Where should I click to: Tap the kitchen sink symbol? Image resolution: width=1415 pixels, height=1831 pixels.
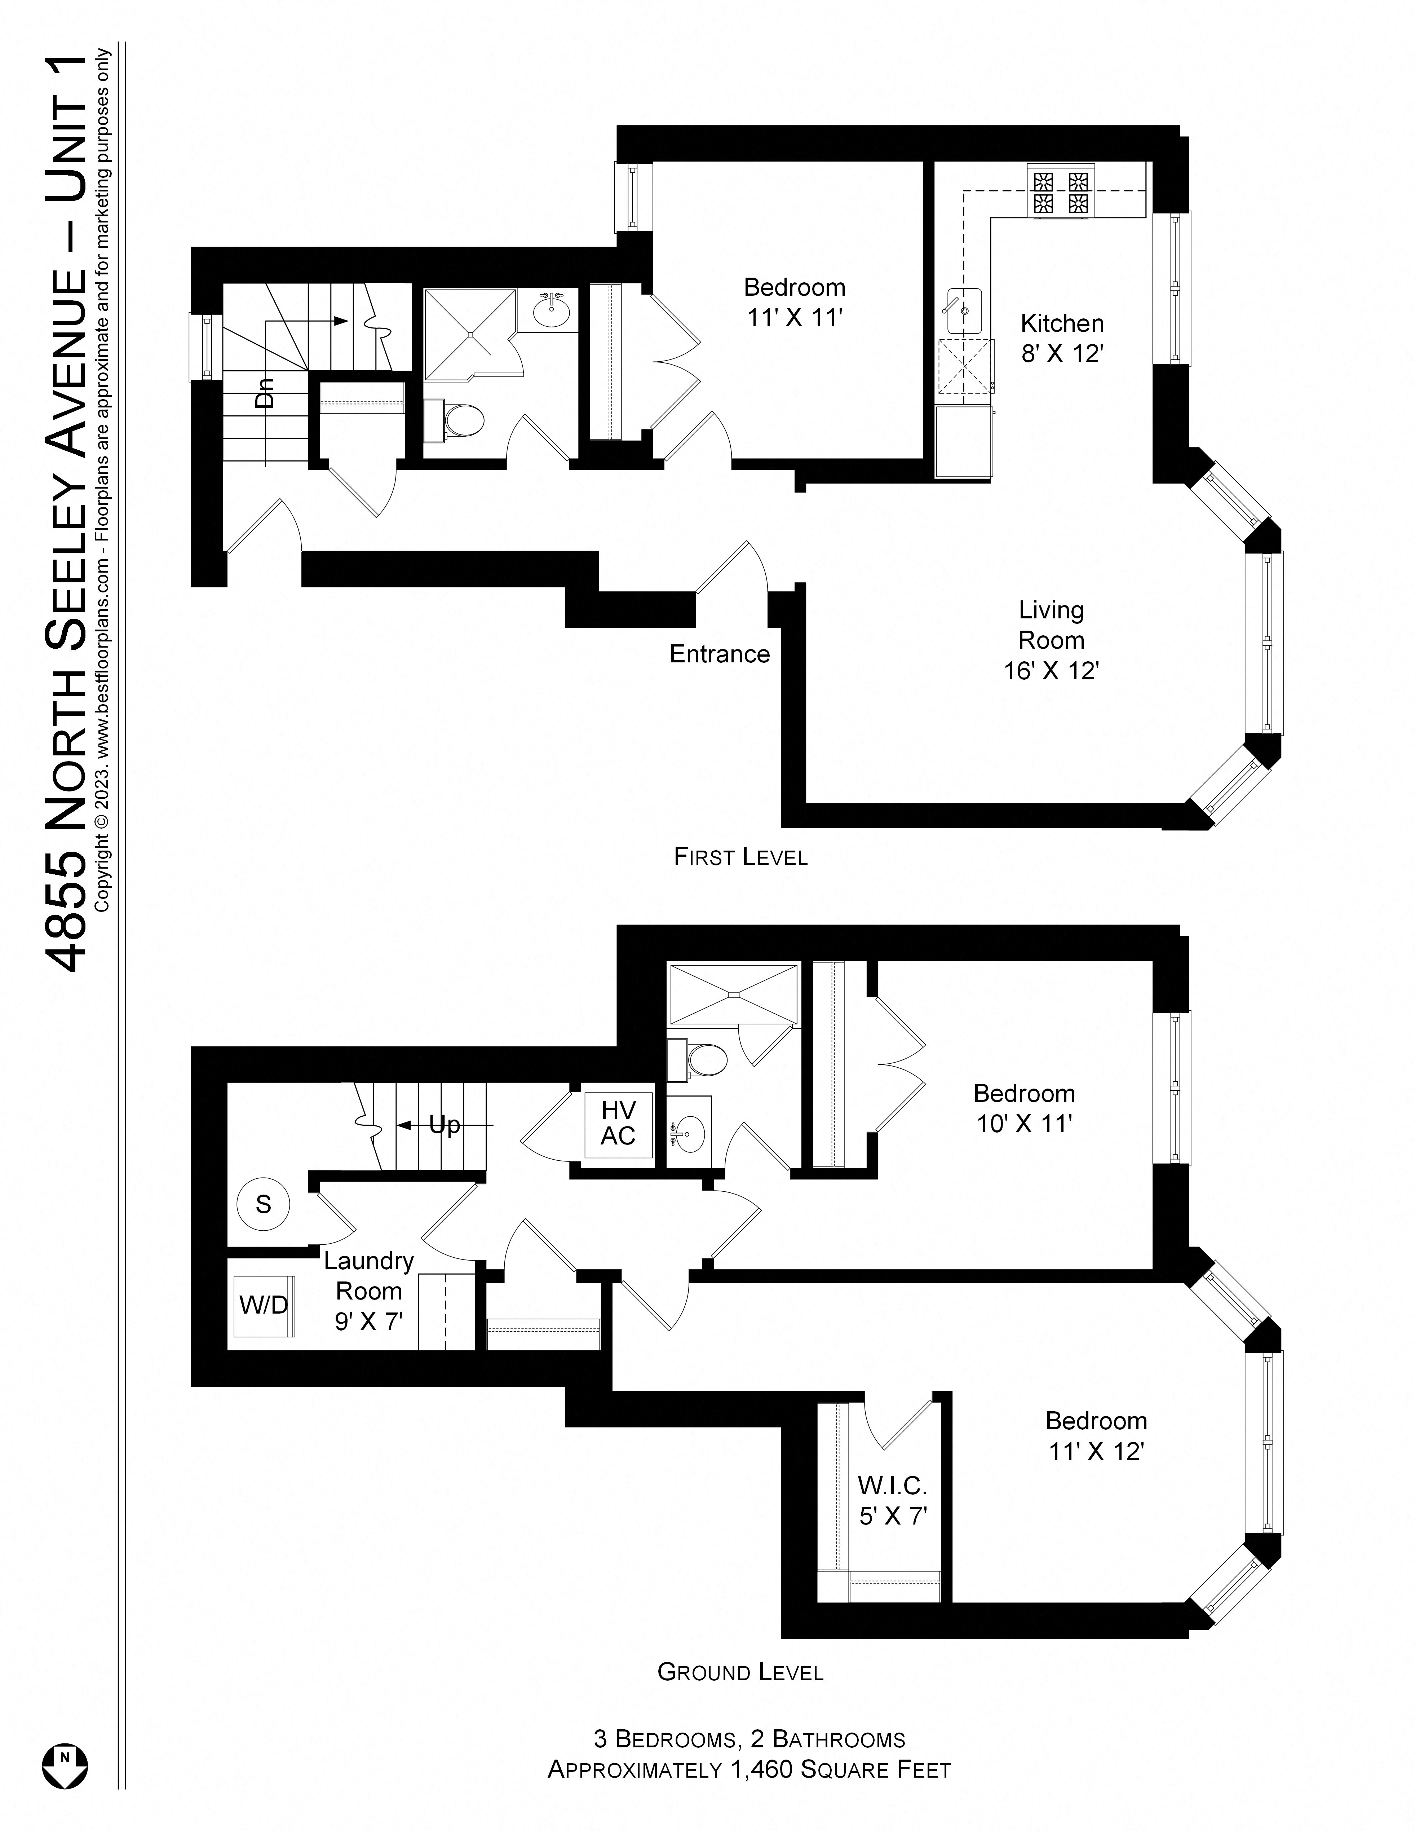point(964,310)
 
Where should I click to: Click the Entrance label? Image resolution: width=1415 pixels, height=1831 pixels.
point(719,654)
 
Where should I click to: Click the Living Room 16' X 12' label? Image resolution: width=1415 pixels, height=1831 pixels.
point(1051,640)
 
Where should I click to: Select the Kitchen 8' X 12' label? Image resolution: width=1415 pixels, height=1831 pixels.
point(1061,338)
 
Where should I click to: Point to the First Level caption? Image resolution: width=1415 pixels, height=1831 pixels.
point(740,857)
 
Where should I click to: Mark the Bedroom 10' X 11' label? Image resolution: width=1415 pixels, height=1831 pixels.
point(1023,1107)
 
